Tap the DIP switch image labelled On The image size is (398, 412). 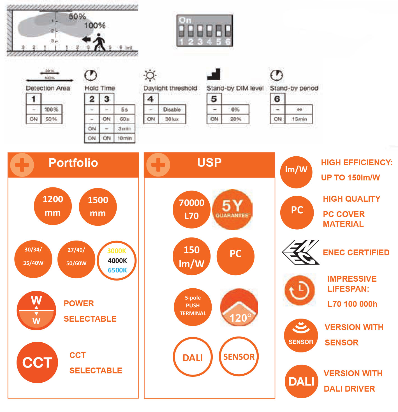(204, 30)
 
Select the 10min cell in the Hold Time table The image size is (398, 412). (124, 138)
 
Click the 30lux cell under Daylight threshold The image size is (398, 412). (172, 119)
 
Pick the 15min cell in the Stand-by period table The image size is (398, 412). (299, 119)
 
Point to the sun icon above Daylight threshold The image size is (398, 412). (150, 75)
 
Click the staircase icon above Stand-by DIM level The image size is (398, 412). (214, 74)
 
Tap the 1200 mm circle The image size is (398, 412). (53, 206)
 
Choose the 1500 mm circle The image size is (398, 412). (98, 207)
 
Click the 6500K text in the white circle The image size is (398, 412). (117, 270)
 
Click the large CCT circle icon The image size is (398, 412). (37, 362)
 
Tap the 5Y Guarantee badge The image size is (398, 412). (232, 209)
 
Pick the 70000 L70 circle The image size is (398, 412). (192, 209)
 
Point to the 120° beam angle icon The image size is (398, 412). (239, 307)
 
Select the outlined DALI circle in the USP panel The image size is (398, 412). (193, 357)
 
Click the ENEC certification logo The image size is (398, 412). (301, 252)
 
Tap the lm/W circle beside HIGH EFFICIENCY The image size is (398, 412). (296, 172)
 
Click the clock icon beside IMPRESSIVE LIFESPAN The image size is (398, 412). (300, 290)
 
